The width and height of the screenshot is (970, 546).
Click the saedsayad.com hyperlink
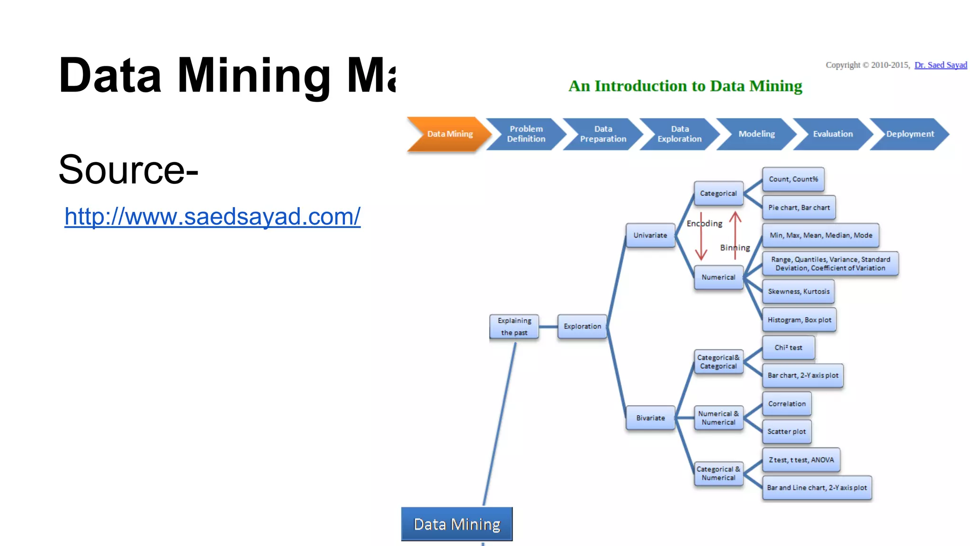coord(212,217)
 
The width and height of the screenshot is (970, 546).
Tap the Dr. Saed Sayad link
coord(940,65)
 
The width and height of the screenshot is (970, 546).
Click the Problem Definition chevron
coord(526,134)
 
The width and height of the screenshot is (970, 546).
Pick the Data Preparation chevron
coord(602,134)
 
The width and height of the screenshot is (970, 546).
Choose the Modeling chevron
coord(756,134)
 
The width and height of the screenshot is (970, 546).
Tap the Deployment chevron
coord(909,134)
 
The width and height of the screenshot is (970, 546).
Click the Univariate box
coord(650,236)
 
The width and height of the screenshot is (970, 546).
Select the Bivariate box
coord(650,418)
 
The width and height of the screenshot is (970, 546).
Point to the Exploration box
coord(582,327)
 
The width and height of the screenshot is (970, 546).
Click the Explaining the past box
coord(514,327)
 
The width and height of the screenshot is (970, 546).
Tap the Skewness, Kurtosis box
coord(799,291)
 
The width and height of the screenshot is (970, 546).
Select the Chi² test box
coord(789,348)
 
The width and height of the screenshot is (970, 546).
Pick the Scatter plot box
coord(787,432)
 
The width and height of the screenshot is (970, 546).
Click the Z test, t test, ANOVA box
coord(801,460)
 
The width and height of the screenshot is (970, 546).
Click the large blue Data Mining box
coord(457,524)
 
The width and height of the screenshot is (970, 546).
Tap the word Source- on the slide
coord(128,170)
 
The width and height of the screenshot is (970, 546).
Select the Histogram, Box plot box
coord(799,320)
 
